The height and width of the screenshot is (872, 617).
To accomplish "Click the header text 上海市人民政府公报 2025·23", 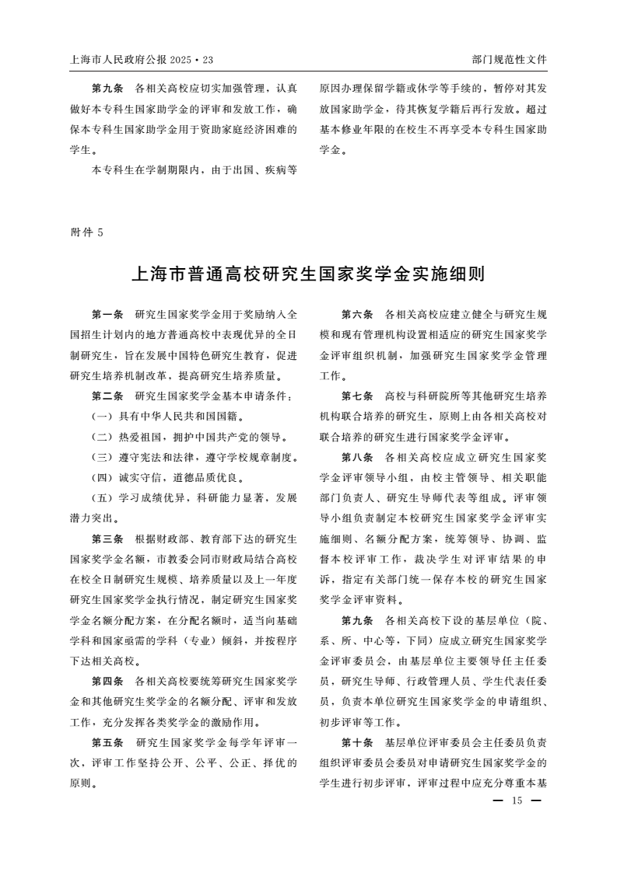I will (x=141, y=59).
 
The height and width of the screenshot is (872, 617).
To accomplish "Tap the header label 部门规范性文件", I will (x=509, y=59).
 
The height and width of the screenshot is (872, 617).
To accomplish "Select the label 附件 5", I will (x=86, y=232).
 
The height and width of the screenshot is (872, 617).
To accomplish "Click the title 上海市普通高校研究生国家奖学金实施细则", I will (x=308, y=274).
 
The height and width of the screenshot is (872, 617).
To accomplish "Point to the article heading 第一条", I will (x=107, y=315).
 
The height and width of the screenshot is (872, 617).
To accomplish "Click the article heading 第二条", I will (x=107, y=396).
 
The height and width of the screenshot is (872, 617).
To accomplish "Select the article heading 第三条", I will (x=107, y=538).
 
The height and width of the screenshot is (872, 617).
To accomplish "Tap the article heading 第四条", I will (x=107, y=680).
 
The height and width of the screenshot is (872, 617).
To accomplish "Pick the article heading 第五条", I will (x=107, y=741).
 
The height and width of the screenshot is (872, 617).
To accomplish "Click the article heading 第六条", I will (x=357, y=315).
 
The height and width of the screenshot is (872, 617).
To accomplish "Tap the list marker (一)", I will (x=101, y=416).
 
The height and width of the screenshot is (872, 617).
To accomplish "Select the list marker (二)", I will (x=101, y=436).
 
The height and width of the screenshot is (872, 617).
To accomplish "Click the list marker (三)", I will (x=101, y=456).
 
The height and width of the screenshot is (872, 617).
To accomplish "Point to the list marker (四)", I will (x=101, y=476).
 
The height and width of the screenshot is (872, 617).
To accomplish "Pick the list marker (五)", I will (x=101, y=497).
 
